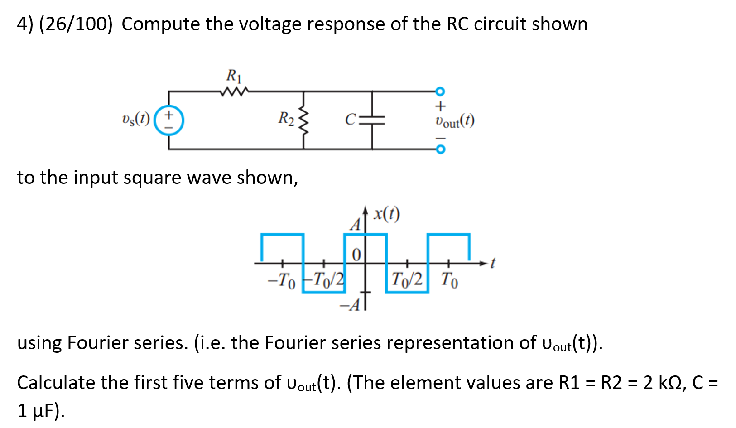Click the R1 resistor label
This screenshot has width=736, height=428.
coord(234,75)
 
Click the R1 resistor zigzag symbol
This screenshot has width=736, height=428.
coord(234,92)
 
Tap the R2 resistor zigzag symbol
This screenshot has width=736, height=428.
coord(304,120)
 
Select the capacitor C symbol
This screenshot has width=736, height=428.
coord(372,120)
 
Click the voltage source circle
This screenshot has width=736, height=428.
coord(169,120)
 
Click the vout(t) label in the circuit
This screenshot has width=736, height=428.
coord(454,121)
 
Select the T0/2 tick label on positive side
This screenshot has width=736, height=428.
coord(407,279)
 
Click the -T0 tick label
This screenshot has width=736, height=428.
coord(281,280)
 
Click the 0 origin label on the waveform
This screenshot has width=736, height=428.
coord(356,255)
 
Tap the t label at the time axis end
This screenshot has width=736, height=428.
coord(493,263)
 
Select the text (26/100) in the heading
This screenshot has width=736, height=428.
coord(76,24)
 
